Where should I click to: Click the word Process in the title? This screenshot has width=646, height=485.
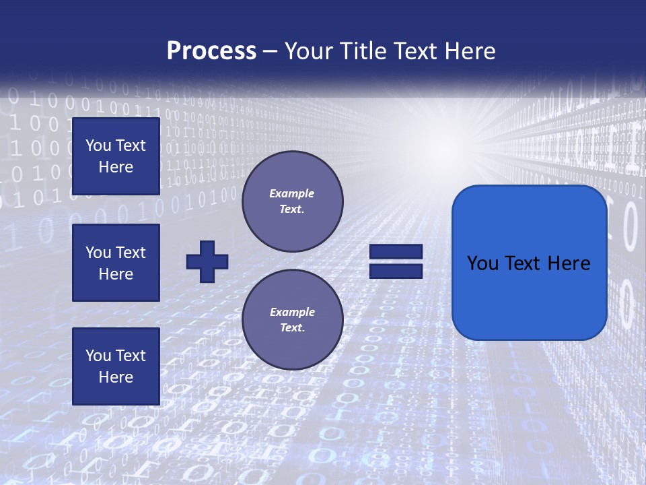pos(211,51)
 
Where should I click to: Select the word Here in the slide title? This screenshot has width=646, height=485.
pos(470,51)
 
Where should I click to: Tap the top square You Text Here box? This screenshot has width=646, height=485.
pos(116,156)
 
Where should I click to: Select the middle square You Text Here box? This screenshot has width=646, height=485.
pos(116,263)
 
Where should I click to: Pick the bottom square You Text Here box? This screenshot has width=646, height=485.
pos(116,366)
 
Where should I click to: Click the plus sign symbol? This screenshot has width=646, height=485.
pos(207,261)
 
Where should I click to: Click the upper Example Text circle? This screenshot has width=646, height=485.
pos(292,201)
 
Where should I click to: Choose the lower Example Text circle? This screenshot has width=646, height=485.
pos(292,320)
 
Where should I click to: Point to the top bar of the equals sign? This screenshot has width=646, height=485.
pos(396,252)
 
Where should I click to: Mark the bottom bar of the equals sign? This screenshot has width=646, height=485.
pos(396,271)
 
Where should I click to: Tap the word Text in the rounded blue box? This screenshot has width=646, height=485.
pos(522,263)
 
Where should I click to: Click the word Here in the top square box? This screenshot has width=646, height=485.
pos(116,167)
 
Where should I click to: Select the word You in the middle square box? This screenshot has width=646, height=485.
pos(98,253)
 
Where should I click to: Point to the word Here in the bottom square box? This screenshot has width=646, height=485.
pos(116,377)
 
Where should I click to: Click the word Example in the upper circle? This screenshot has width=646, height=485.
pos(292,193)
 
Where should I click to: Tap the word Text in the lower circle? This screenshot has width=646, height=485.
pos(291,328)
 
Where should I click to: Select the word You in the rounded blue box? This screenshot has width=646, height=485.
pos(482,263)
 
